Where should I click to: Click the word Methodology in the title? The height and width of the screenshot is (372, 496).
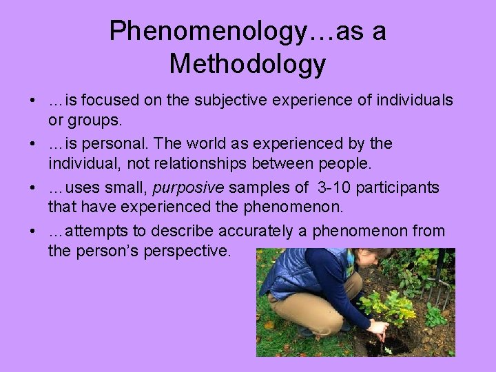click(x=247, y=64)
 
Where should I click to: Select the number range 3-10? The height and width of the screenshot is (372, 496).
click(x=332, y=187)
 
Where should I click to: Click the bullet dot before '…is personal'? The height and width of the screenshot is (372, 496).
click(x=33, y=143)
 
